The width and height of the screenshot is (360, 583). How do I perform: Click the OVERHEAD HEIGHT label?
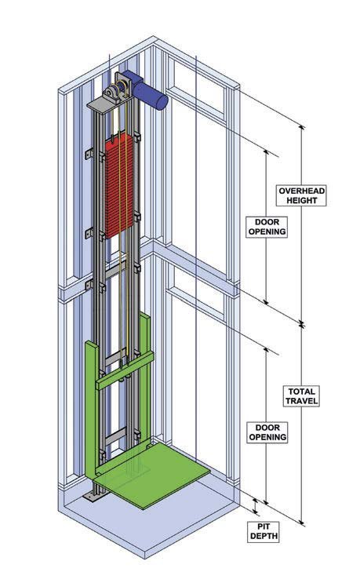301,195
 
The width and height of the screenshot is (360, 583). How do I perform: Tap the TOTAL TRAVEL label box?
302,396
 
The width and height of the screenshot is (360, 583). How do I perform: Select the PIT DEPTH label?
263,531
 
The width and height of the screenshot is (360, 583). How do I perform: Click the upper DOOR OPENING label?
267,227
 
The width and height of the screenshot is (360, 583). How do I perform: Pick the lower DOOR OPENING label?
267,432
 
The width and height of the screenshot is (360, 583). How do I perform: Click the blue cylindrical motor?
145,89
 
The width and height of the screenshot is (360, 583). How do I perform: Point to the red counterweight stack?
119,186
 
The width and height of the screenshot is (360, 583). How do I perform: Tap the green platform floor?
152,474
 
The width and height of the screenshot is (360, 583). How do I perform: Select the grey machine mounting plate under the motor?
110,104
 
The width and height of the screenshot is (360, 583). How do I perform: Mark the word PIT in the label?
264,527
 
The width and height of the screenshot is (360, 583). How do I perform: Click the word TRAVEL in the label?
302,401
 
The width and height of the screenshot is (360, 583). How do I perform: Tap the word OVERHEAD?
301,191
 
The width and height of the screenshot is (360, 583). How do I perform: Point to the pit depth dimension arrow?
255,506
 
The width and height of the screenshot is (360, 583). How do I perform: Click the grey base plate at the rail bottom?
92,497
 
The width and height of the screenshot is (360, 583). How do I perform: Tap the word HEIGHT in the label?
301,200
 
